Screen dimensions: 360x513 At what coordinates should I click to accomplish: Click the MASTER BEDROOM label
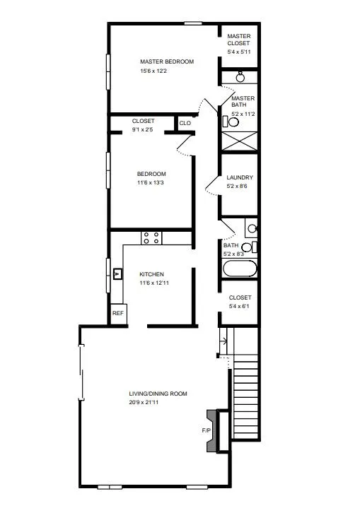point(167,61)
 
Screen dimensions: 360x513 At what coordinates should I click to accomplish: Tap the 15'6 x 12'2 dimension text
point(153,71)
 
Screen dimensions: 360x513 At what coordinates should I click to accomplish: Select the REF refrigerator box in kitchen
point(118,314)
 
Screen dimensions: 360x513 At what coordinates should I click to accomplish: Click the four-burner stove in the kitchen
point(151,238)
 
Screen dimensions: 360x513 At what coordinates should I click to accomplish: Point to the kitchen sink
point(117,274)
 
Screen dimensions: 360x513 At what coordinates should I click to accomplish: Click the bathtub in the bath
point(240,269)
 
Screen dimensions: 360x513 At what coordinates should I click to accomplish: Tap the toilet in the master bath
point(231,122)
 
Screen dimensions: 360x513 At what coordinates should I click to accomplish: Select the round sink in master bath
point(240,77)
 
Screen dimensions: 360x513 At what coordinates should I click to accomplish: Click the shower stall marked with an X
point(240,141)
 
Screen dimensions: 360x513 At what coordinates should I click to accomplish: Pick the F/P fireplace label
point(206,430)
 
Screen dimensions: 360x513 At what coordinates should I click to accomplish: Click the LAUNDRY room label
point(240,177)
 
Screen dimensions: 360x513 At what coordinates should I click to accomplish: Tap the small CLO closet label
point(185,123)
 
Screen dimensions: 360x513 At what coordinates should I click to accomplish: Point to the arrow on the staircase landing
point(223,341)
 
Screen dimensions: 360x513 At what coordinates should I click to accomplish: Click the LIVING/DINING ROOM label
point(158,394)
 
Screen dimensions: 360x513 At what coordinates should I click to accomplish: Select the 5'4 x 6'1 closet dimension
point(239,306)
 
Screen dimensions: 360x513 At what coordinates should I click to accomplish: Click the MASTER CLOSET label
point(239,40)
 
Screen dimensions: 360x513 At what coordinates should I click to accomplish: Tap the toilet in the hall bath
point(249,247)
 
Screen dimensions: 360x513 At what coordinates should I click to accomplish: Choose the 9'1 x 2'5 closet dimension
point(142,129)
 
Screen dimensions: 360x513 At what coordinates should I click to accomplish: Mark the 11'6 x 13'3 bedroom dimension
point(151,182)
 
